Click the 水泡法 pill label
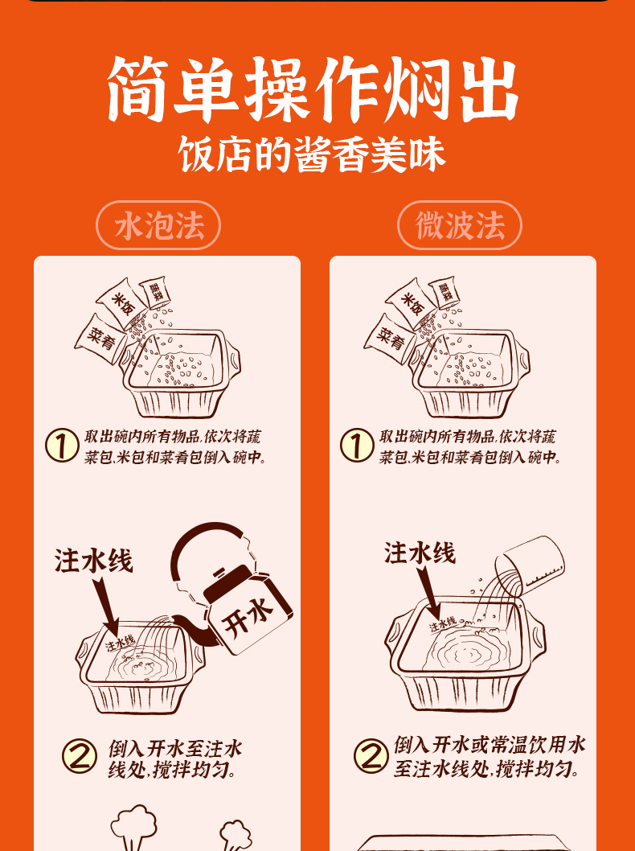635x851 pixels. [x=158, y=226]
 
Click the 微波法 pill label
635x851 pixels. [x=460, y=226]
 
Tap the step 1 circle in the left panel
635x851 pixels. [x=61, y=446]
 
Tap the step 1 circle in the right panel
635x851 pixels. [x=356, y=446]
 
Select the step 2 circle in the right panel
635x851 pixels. [x=371, y=756]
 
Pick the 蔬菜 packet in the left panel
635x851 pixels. [x=155, y=294]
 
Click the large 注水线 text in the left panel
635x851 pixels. [x=93, y=561]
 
